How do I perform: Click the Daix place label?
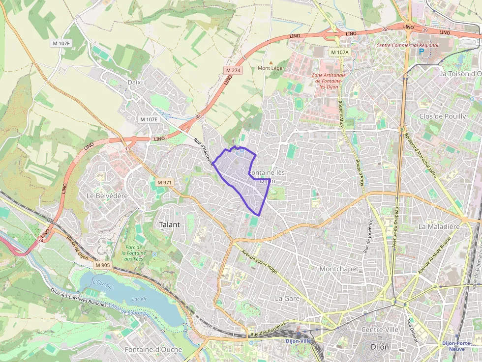tap(134, 82)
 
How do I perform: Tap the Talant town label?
tap(170, 224)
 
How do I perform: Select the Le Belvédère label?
tap(107, 195)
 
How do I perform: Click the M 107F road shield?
tap(62, 43)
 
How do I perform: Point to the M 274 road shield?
tap(233, 70)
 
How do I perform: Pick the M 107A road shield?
tap(339, 52)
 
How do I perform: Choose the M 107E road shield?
tap(149, 119)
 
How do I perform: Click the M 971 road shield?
tap(165, 182)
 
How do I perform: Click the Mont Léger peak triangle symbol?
tap(271, 62)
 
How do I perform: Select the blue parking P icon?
tap(421, 51)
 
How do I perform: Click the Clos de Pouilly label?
tap(442, 116)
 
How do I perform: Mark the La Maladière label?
tap(438, 226)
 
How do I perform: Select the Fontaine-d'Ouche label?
tap(153, 350)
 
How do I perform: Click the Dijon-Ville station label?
tap(299, 340)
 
